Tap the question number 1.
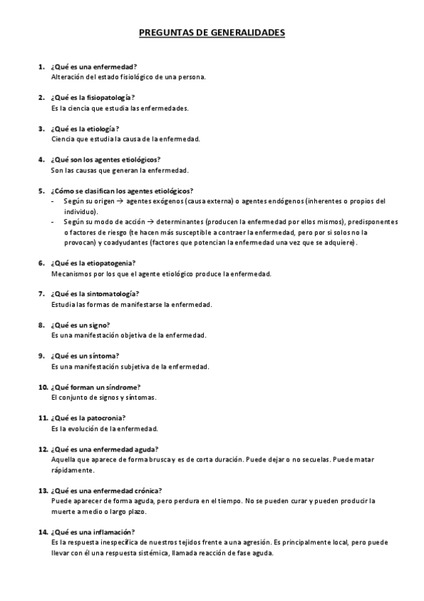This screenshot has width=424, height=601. pos(41,66)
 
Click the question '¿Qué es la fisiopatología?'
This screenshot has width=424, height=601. pos(92,97)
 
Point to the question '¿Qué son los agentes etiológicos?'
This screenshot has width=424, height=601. pos(105,159)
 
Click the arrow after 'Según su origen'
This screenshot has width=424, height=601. pos(120,201)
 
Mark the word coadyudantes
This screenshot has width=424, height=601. pos(120,242)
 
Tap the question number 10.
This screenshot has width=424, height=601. pos(42,387)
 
